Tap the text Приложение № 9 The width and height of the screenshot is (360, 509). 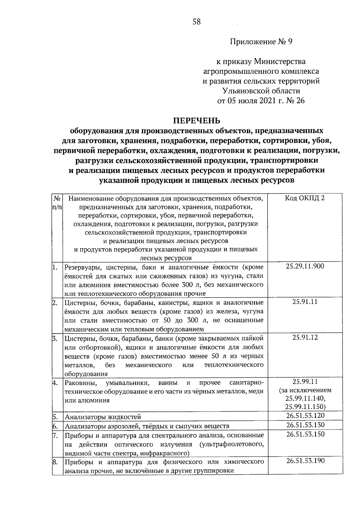[x=261, y=42]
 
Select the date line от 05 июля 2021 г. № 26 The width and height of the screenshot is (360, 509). [x=261, y=100]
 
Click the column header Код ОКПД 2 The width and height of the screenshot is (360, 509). [x=305, y=198]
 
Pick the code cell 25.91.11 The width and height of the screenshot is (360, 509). [x=305, y=302]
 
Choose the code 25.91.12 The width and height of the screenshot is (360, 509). [x=305, y=338]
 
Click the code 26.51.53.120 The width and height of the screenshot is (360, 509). [x=305, y=416]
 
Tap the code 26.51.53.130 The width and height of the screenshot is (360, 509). [x=305, y=425]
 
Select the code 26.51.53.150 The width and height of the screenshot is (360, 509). [x=305, y=434]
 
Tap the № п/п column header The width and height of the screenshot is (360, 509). [x=57, y=203]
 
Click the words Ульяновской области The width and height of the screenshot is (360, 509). [x=261, y=91]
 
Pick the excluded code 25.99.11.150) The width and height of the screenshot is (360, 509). [x=305, y=406]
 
